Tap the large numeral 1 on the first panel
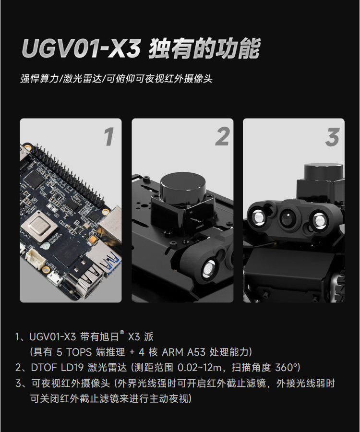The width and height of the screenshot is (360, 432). [x=109, y=136]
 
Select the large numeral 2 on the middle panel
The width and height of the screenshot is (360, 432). [x=222, y=136]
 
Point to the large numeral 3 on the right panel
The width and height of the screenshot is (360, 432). [x=333, y=137]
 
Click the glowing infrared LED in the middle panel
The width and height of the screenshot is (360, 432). [x=209, y=269]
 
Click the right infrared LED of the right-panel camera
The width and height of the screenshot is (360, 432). [x=320, y=221]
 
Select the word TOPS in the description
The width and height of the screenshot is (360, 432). [x=79, y=352]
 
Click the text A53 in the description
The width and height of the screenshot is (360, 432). [x=196, y=352]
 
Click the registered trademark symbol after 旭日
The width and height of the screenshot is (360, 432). [x=122, y=332]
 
